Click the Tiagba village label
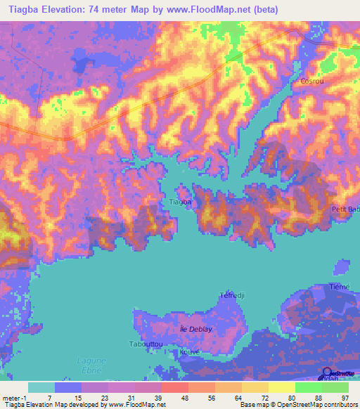pyautogui.click(x=181, y=202)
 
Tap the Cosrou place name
pyautogui.click(x=311, y=82)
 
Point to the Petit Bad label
pyautogui.click(x=345, y=209)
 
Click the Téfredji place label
pyautogui.click(x=231, y=295)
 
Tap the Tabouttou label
pyautogui.click(x=146, y=344)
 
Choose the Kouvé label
pyautogui.click(x=190, y=351)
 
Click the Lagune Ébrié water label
pyautogui.click(x=89, y=365)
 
